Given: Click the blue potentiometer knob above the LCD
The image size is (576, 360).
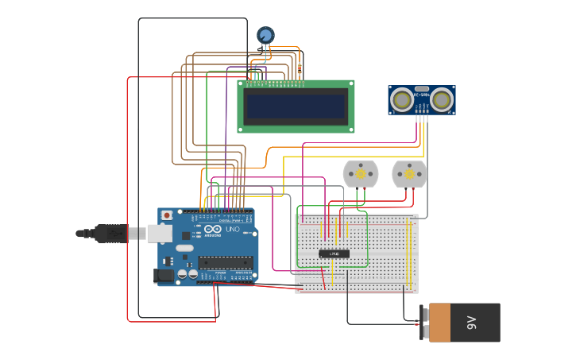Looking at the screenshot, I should click(x=265, y=35).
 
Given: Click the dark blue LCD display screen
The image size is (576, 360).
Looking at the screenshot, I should click(x=296, y=105).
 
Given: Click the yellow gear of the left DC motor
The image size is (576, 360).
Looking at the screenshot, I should click(x=361, y=174).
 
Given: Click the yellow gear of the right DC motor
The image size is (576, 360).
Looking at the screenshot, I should click(x=410, y=174).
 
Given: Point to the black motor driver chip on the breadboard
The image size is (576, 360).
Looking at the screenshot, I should click(x=334, y=254).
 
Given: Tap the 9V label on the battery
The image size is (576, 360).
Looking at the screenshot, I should click(x=471, y=323).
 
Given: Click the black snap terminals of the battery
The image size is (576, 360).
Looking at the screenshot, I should click(x=424, y=322).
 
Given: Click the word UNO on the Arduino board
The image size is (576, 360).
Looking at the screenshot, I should click(x=233, y=230).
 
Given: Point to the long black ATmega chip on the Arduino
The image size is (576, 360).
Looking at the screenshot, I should click(x=226, y=262).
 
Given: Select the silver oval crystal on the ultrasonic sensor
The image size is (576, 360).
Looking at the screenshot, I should click(x=422, y=89).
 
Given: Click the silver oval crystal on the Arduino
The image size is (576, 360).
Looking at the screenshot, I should click(x=184, y=248).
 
